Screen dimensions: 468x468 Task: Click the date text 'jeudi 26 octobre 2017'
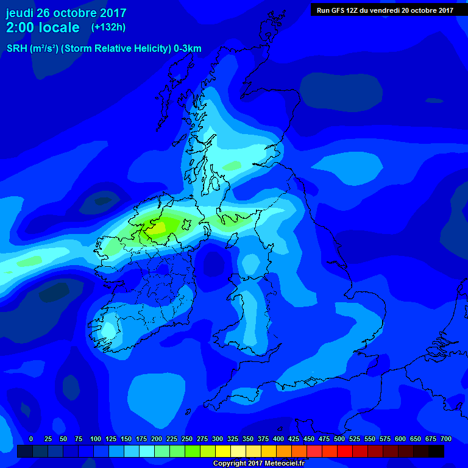[66, 13]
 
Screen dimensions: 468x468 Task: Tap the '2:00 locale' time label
[43, 27]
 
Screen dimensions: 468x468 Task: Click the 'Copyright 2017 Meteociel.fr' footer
[258, 464]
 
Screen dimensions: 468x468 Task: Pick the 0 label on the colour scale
[31, 439]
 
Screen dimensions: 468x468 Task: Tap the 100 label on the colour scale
[96, 439]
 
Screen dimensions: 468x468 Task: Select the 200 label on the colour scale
[157, 439]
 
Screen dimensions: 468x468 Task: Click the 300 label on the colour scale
[218, 439]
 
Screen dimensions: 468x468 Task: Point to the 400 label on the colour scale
[278, 439]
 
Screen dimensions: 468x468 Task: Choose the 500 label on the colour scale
[339, 439]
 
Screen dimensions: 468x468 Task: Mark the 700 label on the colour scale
[446, 439]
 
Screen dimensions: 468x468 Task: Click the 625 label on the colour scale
[416, 439]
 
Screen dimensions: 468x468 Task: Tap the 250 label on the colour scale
[187, 439]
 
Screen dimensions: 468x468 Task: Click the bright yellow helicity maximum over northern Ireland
[157, 228]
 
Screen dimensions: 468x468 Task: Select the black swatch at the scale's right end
[436, 451]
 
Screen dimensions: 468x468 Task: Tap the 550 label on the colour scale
[370, 439]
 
